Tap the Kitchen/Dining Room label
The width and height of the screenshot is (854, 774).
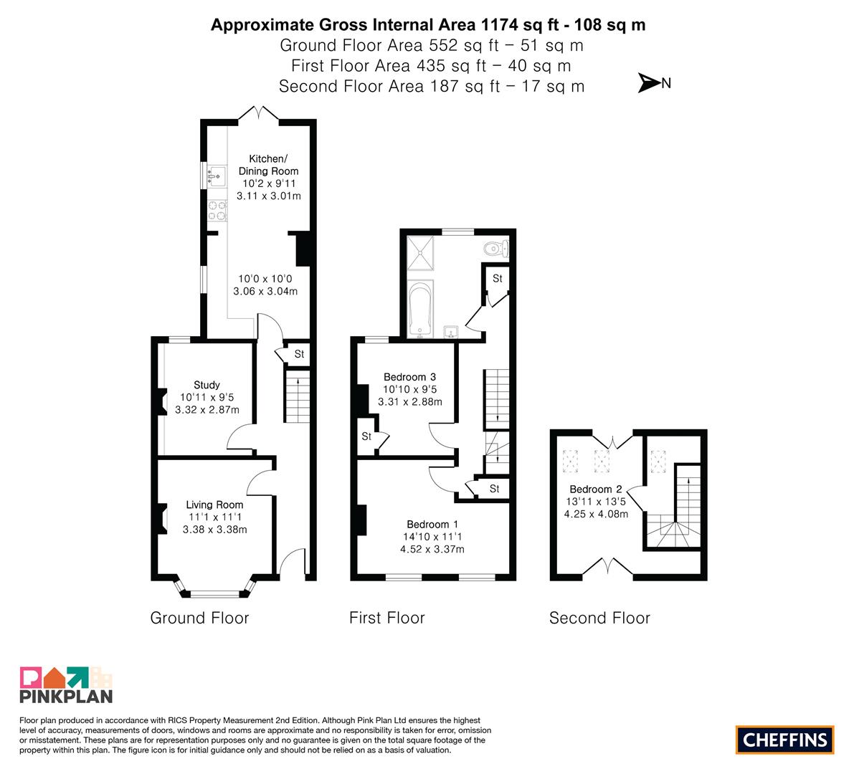pyautogui.click(x=268, y=164)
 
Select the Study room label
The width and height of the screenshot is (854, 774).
pyautogui.click(x=207, y=385)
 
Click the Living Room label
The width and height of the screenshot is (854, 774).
pyautogui.click(x=214, y=505)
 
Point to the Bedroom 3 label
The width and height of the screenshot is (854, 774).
pyautogui.click(x=409, y=377)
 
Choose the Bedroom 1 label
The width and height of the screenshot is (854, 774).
pyautogui.click(x=432, y=524)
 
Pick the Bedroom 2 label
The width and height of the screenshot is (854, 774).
pyautogui.click(x=596, y=489)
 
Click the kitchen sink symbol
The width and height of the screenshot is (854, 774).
pyautogui.click(x=217, y=176)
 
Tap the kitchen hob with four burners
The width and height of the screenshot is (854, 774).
pyautogui.click(x=217, y=211)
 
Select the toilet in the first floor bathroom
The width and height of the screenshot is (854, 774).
pyautogui.click(x=496, y=249)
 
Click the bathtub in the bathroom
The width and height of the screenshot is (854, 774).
pyautogui.click(x=420, y=309)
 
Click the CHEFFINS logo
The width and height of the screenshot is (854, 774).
pyautogui.click(x=785, y=740)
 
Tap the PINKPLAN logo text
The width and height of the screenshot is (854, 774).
pyautogui.click(x=66, y=696)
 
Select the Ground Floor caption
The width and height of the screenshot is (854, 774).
pyautogui.click(x=199, y=618)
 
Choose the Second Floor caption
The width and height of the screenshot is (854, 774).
pyautogui.click(x=599, y=618)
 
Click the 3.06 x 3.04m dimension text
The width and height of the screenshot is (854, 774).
pyautogui.click(x=265, y=291)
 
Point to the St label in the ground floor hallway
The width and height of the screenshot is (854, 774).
pyautogui.click(x=299, y=354)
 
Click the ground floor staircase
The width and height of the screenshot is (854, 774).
pyautogui.click(x=298, y=396)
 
